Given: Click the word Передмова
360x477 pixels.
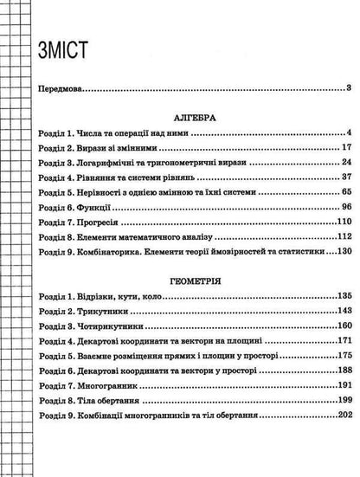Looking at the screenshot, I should (x=57, y=88).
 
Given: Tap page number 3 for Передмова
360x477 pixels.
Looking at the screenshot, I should (x=347, y=88).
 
